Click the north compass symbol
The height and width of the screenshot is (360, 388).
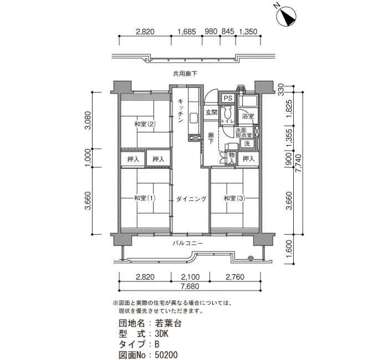[286, 16]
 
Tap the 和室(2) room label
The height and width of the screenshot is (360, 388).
[145, 124]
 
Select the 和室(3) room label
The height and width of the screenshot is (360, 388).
[234, 198]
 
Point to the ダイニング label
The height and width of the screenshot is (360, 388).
[191, 199]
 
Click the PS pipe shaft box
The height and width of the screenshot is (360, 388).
[228, 98]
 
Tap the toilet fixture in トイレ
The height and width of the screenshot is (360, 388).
[227, 113]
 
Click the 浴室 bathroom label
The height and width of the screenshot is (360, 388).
[248, 116]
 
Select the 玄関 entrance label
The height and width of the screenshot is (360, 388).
[212, 112]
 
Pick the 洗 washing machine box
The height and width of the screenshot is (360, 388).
[247, 143]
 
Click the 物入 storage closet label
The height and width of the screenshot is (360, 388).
[232, 158]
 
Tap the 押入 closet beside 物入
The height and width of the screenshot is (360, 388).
[248, 158]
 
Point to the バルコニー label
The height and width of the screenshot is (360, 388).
[188, 243]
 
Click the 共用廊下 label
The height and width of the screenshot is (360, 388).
[185, 74]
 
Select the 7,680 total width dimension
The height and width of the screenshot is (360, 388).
[190, 286]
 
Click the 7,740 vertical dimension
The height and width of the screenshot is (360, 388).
[299, 163]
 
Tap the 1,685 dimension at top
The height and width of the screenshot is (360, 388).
[187, 32]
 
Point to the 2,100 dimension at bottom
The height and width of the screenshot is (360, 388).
[190, 277]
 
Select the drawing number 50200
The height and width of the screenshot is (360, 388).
[166, 355]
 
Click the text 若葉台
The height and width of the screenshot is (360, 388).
[169, 323]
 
